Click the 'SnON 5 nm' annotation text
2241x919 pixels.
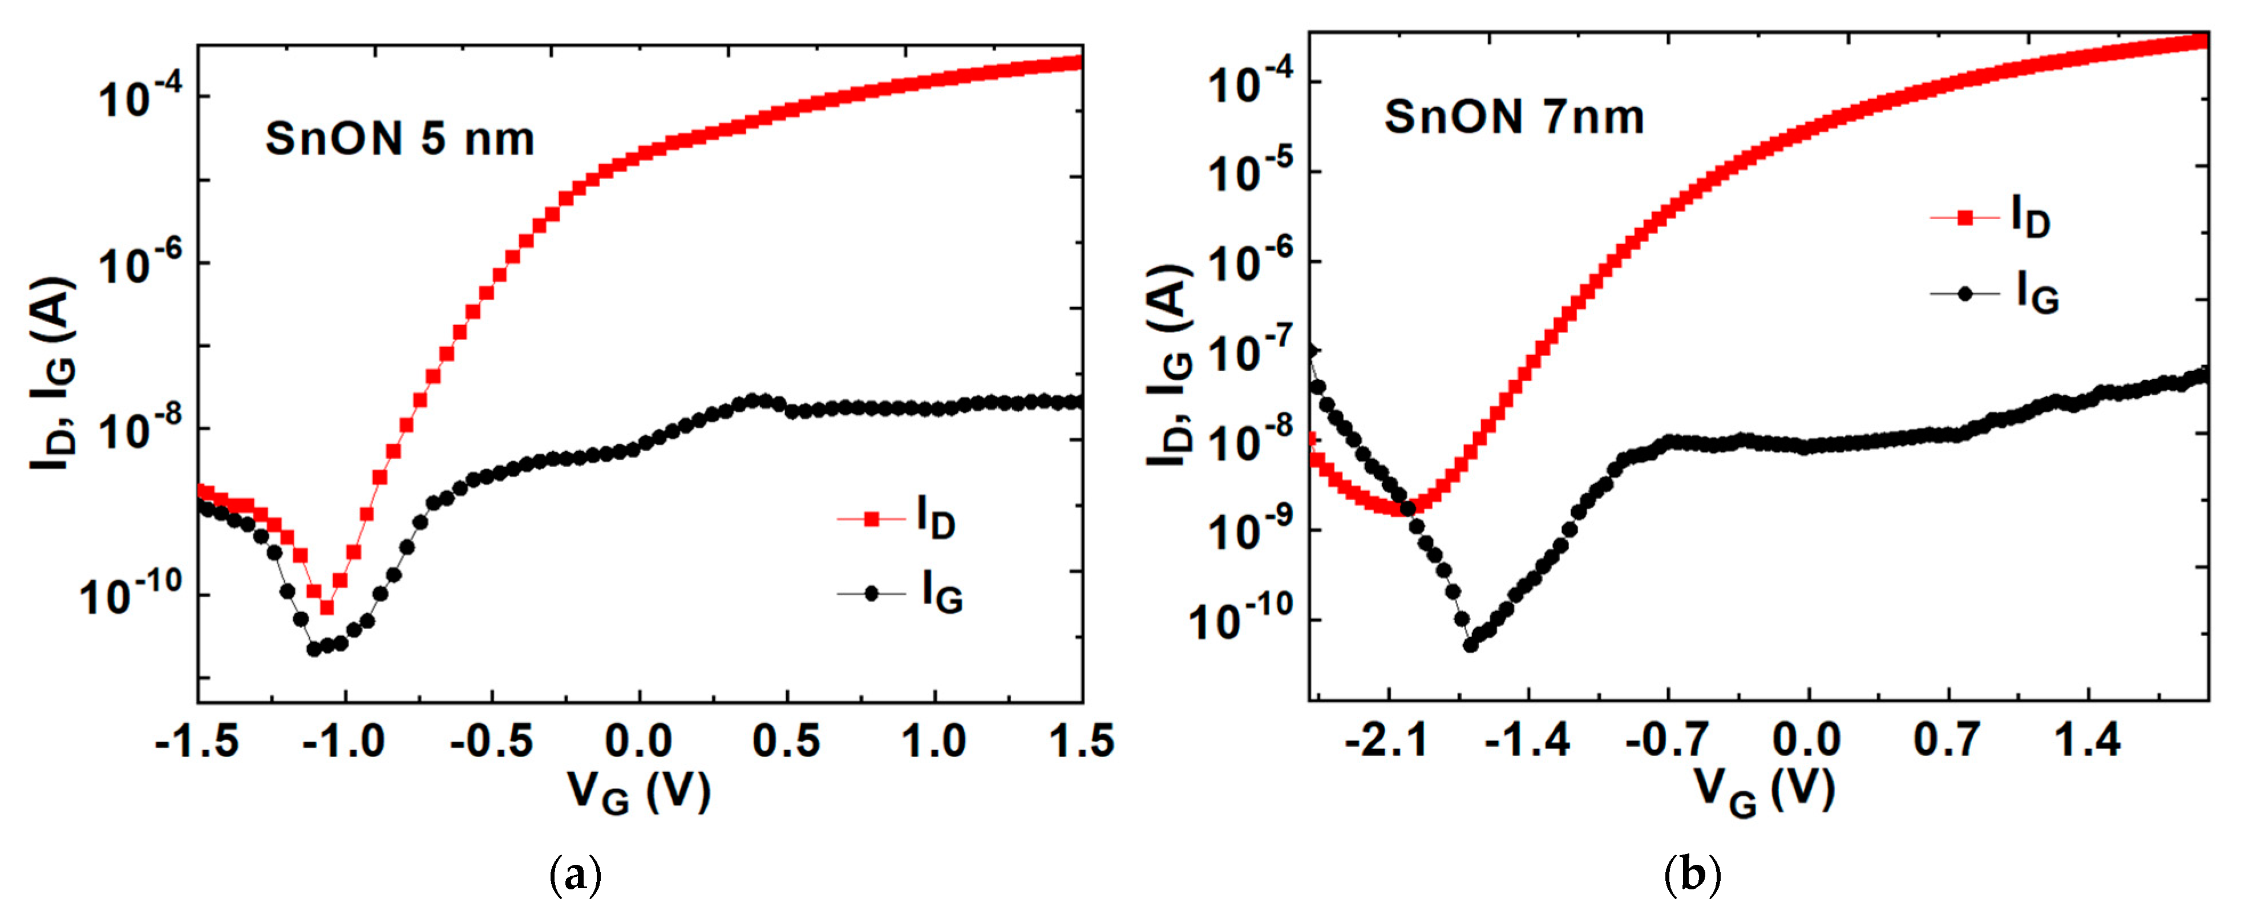[x=399, y=139]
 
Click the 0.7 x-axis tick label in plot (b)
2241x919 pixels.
[x=1947, y=741]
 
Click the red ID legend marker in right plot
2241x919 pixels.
[x=1964, y=217]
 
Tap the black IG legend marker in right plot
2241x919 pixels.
[x=1964, y=294]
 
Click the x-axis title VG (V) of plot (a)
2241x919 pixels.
[x=640, y=791]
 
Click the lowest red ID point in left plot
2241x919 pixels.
[x=327, y=608]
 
